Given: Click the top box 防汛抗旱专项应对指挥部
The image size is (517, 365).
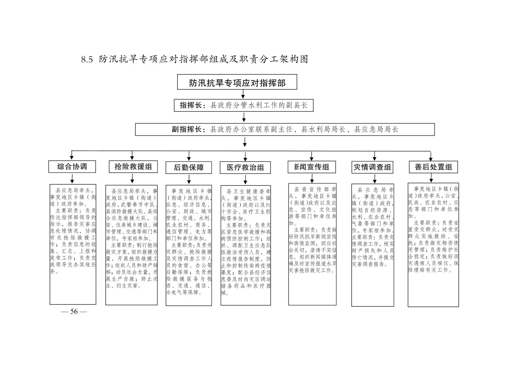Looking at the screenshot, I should point(237,82).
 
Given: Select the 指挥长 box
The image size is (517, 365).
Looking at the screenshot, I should point(244,105).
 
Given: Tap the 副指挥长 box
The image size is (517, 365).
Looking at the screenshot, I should point(285,129).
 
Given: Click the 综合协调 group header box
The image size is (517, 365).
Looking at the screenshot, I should point(72,167).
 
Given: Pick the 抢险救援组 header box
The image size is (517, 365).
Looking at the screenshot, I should point(133,167).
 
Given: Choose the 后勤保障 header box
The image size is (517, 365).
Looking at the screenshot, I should point(188,168).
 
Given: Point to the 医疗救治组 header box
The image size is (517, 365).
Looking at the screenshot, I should point(245,168).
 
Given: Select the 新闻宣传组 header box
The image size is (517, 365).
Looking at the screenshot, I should point(312,167).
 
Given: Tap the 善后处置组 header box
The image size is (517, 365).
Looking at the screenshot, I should point(433,167).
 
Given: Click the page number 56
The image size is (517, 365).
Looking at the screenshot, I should point(74,312).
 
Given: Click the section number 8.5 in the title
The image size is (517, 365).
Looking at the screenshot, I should point(87,60).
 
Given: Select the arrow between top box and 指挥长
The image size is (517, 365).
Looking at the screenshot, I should point(243,94).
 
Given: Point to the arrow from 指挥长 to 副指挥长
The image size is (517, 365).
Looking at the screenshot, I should point(244,117).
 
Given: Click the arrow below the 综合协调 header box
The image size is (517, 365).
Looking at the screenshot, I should point(72,179).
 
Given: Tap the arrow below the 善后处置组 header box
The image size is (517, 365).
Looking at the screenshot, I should point(431,178).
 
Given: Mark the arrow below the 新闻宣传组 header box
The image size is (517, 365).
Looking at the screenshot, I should point(312,178).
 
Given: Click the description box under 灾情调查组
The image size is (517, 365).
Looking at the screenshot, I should point(372,245).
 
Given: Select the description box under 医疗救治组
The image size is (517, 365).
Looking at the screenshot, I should point(246,245).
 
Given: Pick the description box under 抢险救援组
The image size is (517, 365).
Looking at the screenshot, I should point(132,245).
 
